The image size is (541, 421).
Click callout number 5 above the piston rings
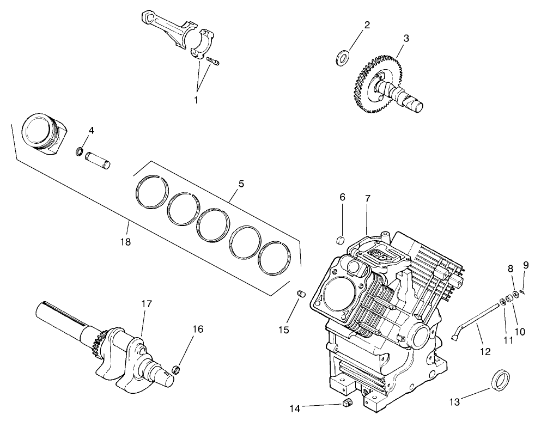(x=241, y=184)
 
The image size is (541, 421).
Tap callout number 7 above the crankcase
(x=368, y=199)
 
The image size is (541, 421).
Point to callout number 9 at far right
(x=526, y=265)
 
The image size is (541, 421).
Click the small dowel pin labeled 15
(x=299, y=294)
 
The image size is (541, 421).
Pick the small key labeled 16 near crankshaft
(x=176, y=371)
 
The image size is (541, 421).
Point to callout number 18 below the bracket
(x=125, y=242)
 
